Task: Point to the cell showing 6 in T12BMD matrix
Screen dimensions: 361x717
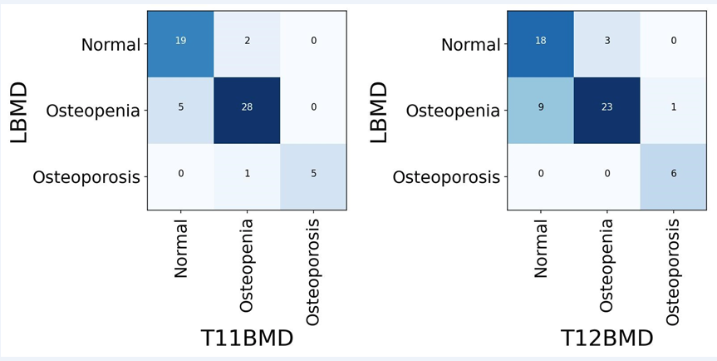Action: coord(673,176)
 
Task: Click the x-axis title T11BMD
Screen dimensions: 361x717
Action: coord(247,339)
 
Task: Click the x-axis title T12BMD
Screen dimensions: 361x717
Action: coord(607,339)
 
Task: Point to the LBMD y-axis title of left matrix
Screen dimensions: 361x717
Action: coord(19,111)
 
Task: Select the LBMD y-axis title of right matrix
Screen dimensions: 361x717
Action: coord(379,111)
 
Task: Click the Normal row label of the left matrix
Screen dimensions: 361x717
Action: coord(110,45)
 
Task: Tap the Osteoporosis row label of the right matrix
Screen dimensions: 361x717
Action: coord(446,177)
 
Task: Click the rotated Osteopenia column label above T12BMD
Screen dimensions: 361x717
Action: coord(607,265)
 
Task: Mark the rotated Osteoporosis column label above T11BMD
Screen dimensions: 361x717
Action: coord(313,271)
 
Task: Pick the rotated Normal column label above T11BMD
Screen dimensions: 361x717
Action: coord(181,249)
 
